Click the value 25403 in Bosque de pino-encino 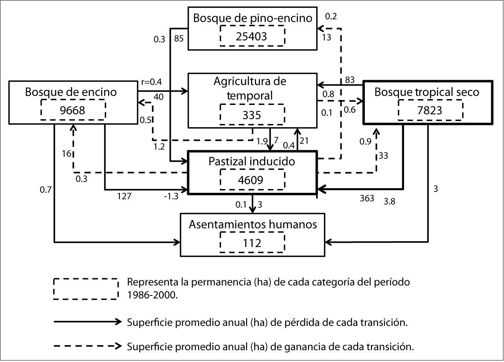tap(251, 36)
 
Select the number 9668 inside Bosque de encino tap(72, 110)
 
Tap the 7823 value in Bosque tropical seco tap(430, 110)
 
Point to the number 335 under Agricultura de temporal tap(251, 115)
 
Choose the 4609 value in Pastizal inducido tap(250, 180)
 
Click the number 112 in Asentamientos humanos tap(252, 243)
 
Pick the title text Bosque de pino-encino tap(253, 18)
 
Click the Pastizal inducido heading tap(251, 161)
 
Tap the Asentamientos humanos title tap(253, 224)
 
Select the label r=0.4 tap(151, 82)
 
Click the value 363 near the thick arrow tap(367, 198)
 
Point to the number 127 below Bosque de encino tap(124, 196)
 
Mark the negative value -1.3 tap(171, 196)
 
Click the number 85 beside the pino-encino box tap(179, 39)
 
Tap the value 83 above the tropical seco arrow tap(350, 80)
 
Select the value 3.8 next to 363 tap(389, 201)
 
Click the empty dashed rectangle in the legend tap(86, 289)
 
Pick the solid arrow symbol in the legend tap(88, 322)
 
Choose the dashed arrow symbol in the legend tap(88, 346)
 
